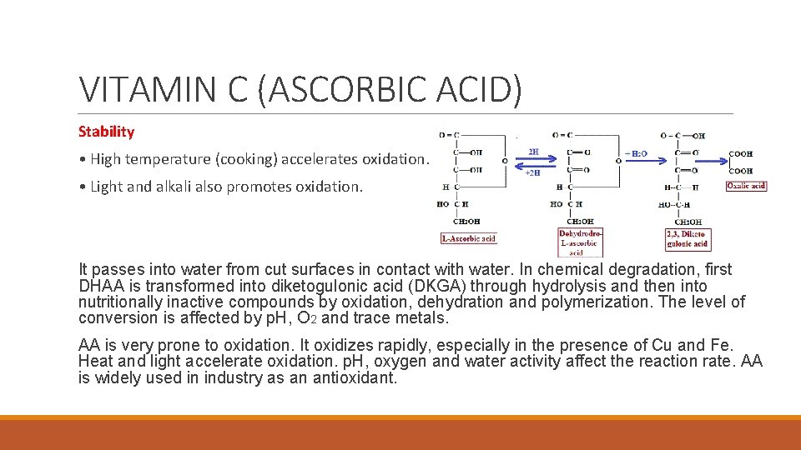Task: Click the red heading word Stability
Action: [x=106, y=132]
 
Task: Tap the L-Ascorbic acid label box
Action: [x=468, y=238]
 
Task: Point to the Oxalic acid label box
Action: [x=746, y=186]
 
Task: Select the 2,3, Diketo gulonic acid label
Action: [x=688, y=238]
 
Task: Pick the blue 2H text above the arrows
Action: [x=533, y=152]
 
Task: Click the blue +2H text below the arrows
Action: [x=532, y=172]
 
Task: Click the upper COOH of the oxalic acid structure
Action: [x=740, y=154]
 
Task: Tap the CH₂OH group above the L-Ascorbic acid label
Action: [x=466, y=222]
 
